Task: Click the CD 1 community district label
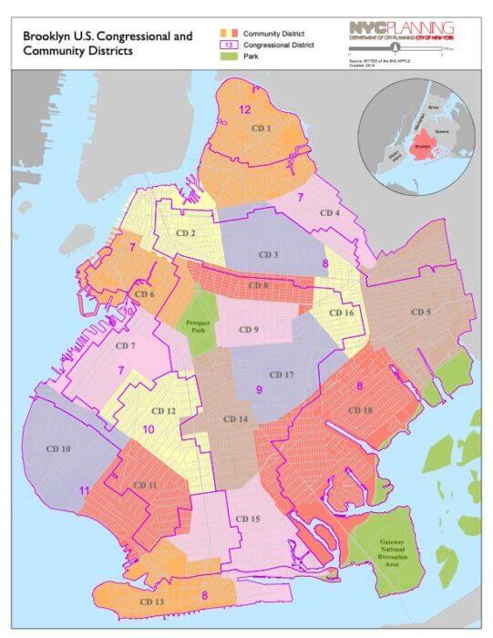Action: tap(262, 129)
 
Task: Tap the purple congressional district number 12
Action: tap(244, 108)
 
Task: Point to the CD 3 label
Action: tap(267, 255)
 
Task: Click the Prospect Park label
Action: tap(198, 326)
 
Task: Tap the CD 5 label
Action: tap(420, 313)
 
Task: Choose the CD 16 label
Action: tap(342, 314)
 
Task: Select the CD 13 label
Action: tap(153, 602)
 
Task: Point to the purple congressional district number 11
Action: tap(84, 490)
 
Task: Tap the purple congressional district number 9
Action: tap(259, 390)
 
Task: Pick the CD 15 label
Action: tap(247, 519)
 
